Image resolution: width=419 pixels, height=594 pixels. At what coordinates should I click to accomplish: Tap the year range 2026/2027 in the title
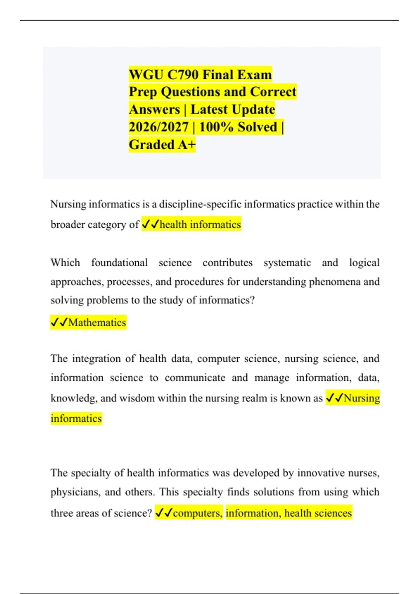pos(159,127)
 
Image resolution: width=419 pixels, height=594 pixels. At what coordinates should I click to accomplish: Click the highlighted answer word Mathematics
pos(97,322)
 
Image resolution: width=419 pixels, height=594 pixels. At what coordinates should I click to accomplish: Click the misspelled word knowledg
pos(74,398)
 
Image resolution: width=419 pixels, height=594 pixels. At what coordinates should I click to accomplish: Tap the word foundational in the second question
pos(119,262)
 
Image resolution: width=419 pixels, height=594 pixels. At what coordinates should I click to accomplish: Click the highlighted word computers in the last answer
pos(197,513)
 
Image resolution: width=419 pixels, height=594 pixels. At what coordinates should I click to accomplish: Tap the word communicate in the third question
pos(195,378)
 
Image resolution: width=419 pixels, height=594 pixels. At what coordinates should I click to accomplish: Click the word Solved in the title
pos(257,127)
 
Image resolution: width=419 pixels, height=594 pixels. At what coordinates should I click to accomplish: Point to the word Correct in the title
pos(273,92)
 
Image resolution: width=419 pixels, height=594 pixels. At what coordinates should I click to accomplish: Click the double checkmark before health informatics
pos(150,224)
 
